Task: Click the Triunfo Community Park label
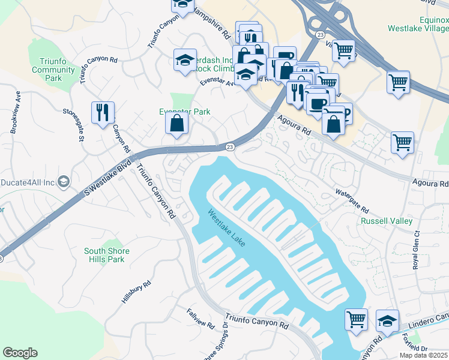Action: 53,70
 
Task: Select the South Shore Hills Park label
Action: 104,255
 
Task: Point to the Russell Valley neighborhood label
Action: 386,221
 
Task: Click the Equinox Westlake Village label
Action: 418,24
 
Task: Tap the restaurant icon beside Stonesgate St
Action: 103,112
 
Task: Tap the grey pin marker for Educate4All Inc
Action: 65,181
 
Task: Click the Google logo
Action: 20,353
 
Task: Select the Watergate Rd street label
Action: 351,200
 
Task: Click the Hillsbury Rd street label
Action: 136,292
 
